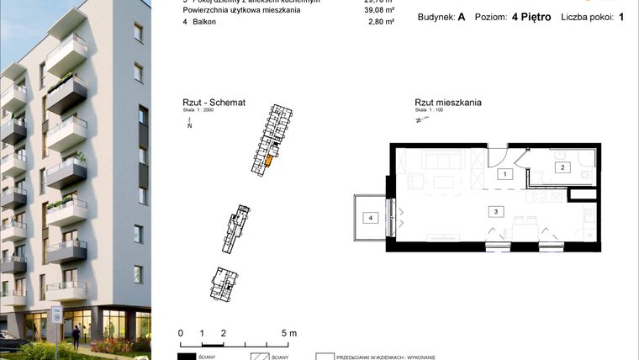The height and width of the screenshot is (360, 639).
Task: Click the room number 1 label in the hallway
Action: coord(504,174)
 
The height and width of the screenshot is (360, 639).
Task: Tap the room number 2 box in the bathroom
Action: coord(562,168)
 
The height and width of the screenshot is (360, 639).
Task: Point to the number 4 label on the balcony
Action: coord(369,217)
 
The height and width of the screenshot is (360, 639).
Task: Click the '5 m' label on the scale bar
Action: coord(288,333)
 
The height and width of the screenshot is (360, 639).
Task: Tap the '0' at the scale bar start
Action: coord(181,333)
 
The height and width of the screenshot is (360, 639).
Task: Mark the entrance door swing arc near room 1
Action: coord(498,157)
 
